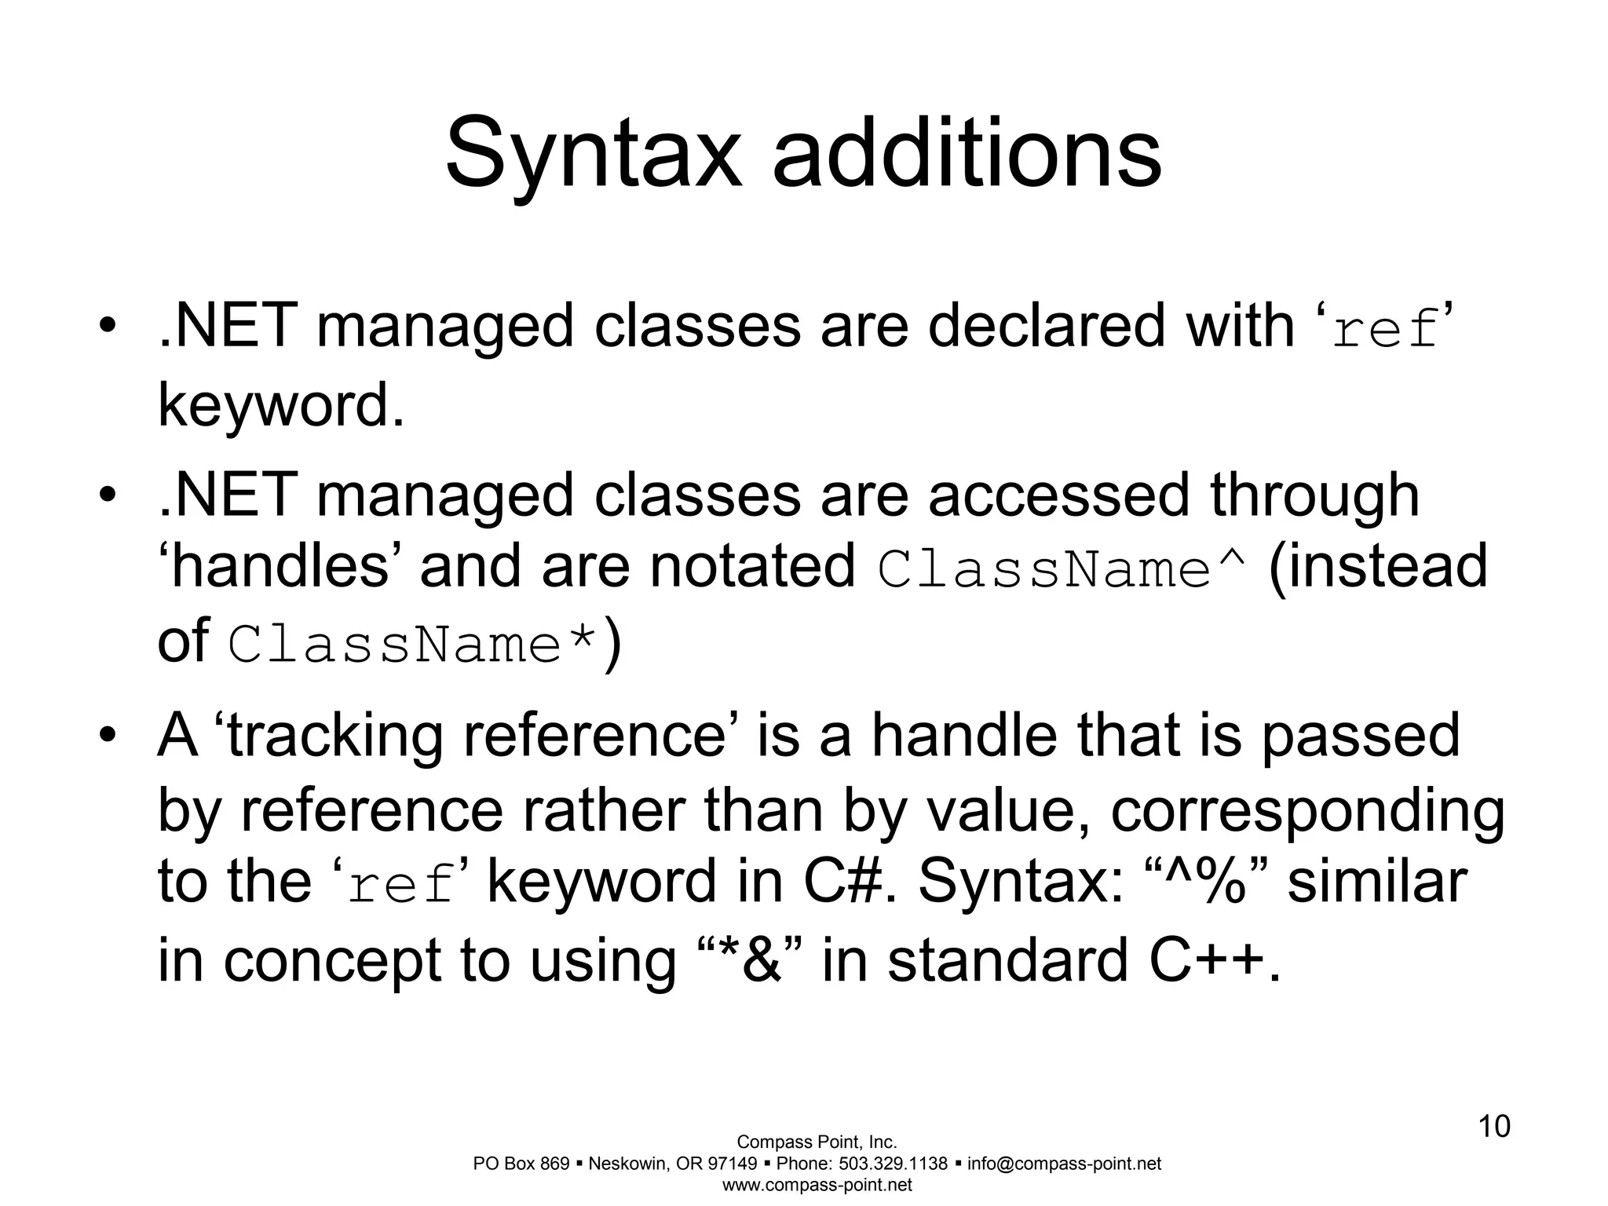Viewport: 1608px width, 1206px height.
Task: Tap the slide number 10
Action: (1494, 1126)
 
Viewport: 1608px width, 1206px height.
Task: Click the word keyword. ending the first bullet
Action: (281, 406)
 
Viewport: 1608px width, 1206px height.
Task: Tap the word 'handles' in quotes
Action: (280, 567)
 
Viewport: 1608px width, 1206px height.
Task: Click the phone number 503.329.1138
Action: (893, 1164)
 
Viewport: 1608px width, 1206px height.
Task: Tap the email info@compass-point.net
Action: (1064, 1164)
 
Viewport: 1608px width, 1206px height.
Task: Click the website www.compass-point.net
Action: (817, 1185)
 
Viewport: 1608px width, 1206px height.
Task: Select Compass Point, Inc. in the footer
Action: (817, 1142)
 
